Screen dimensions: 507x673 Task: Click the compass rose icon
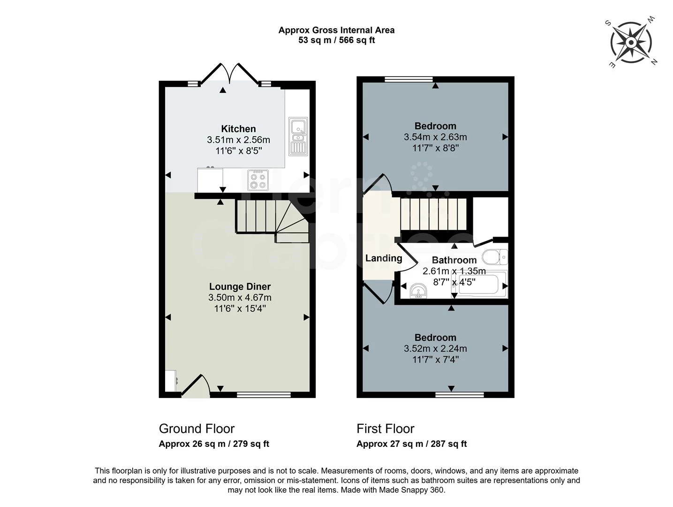tap(631, 43)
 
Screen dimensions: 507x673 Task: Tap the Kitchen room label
tap(238, 129)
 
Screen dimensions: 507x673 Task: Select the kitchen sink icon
tap(298, 136)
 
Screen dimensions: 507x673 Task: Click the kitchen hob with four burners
tap(257, 180)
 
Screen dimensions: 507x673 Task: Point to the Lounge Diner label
tap(240, 286)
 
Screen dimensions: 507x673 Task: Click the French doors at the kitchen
tap(230, 75)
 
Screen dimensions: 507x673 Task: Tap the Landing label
tap(384, 258)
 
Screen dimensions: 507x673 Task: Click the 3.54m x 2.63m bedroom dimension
tap(435, 137)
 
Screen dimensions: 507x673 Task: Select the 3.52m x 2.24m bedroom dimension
tap(435, 349)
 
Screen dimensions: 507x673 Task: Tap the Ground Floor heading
tap(197, 429)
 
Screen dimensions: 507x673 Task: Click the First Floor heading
tap(385, 429)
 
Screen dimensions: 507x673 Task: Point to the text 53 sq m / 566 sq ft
tap(336, 40)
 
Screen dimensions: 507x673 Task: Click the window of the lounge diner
tap(264, 395)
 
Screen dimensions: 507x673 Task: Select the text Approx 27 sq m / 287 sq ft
tap(411, 444)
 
